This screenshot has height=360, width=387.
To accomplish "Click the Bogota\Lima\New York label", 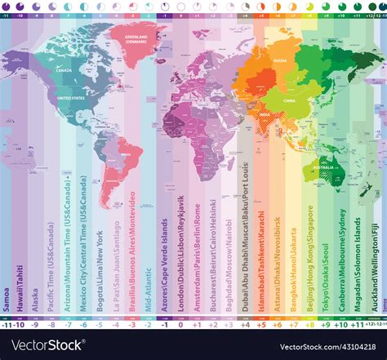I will coord(97,261).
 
